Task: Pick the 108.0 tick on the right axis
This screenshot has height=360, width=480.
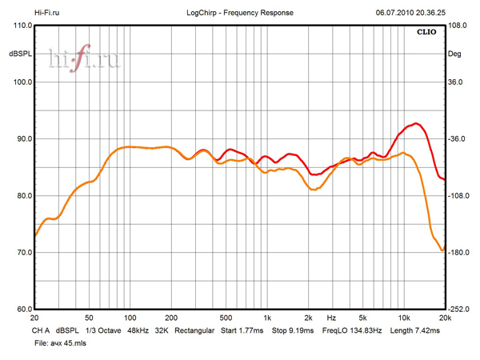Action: (457, 26)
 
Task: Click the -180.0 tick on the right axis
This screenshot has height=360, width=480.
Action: (458, 253)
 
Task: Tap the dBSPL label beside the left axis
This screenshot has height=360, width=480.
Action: (19, 54)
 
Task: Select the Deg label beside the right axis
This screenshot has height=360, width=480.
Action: (455, 54)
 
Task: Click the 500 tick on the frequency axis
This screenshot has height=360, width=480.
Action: (226, 318)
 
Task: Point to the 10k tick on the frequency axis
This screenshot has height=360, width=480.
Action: (404, 318)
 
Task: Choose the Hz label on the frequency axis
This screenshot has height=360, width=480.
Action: (331, 318)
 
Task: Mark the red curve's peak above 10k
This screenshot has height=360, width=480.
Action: (415, 123)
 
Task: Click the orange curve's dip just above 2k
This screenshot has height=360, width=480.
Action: (314, 190)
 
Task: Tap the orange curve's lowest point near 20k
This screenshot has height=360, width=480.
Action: (441, 250)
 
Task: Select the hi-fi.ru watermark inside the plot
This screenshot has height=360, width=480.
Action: (83, 59)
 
